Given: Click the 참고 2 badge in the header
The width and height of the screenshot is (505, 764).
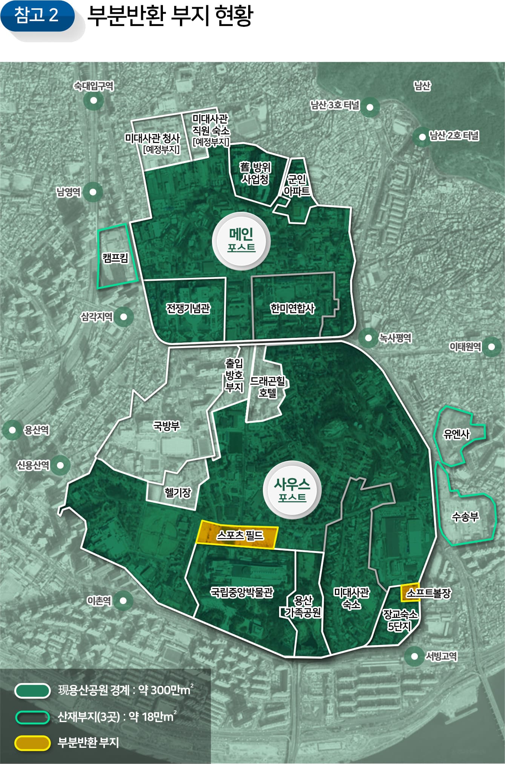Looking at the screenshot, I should (x=37, y=16).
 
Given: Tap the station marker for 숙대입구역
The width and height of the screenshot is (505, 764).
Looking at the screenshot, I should (x=94, y=101).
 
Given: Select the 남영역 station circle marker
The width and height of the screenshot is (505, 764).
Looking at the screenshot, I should (x=93, y=192).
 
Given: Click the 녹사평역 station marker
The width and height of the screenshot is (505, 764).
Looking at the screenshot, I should (x=368, y=337).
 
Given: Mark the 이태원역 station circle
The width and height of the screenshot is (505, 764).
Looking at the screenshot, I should (x=491, y=346).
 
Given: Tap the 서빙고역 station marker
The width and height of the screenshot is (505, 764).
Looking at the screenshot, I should (x=414, y=656).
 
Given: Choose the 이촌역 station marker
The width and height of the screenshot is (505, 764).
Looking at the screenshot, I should (x=123, y=600).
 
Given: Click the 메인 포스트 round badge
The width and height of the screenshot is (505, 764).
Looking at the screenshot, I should (x=241, y=240).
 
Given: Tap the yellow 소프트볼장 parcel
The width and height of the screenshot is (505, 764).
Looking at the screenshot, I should (x=409, y=593).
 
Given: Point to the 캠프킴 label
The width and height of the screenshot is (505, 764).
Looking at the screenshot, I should (x=115, y=258).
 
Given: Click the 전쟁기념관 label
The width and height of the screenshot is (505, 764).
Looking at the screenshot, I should (x=188, y=308).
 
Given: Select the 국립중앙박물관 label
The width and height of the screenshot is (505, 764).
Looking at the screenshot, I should (x=242, y=592).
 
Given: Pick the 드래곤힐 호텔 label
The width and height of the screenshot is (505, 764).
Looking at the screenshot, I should (x=267, y=387).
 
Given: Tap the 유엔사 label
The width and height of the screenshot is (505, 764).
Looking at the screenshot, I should (x=456, y=434).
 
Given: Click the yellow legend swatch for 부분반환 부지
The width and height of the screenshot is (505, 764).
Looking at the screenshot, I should (x=32, y=743).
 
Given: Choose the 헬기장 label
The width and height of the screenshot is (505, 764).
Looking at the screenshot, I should (x=178, y=492).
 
